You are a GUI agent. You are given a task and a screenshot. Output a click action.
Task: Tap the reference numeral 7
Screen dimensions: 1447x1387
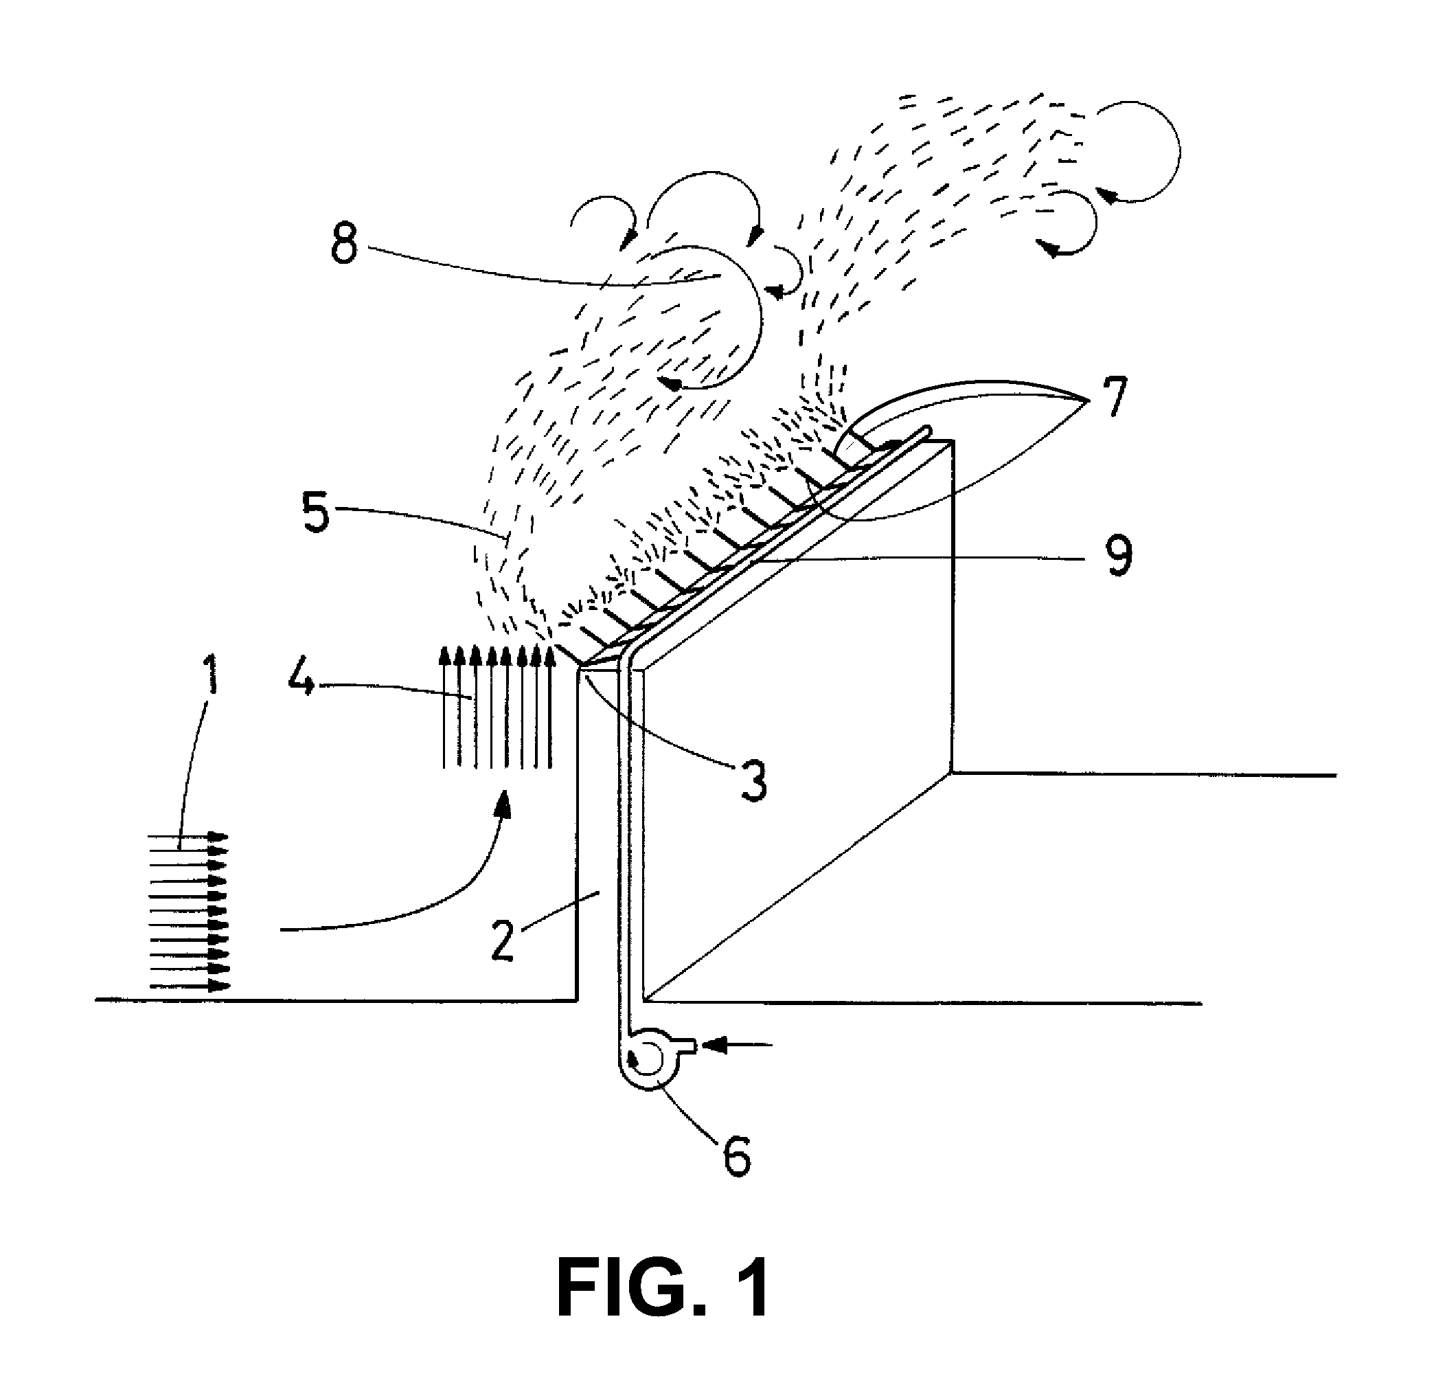click(1113, 396)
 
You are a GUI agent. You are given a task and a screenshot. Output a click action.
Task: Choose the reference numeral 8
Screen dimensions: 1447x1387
click(344, 242)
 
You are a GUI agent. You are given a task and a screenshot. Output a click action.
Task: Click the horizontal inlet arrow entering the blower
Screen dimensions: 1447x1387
click(736, 1044)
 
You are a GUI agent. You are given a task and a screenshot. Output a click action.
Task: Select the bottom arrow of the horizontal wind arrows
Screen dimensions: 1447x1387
click(190, 986)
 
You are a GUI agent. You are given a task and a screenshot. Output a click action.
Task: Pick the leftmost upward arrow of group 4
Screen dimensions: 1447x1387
click(444, 708)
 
